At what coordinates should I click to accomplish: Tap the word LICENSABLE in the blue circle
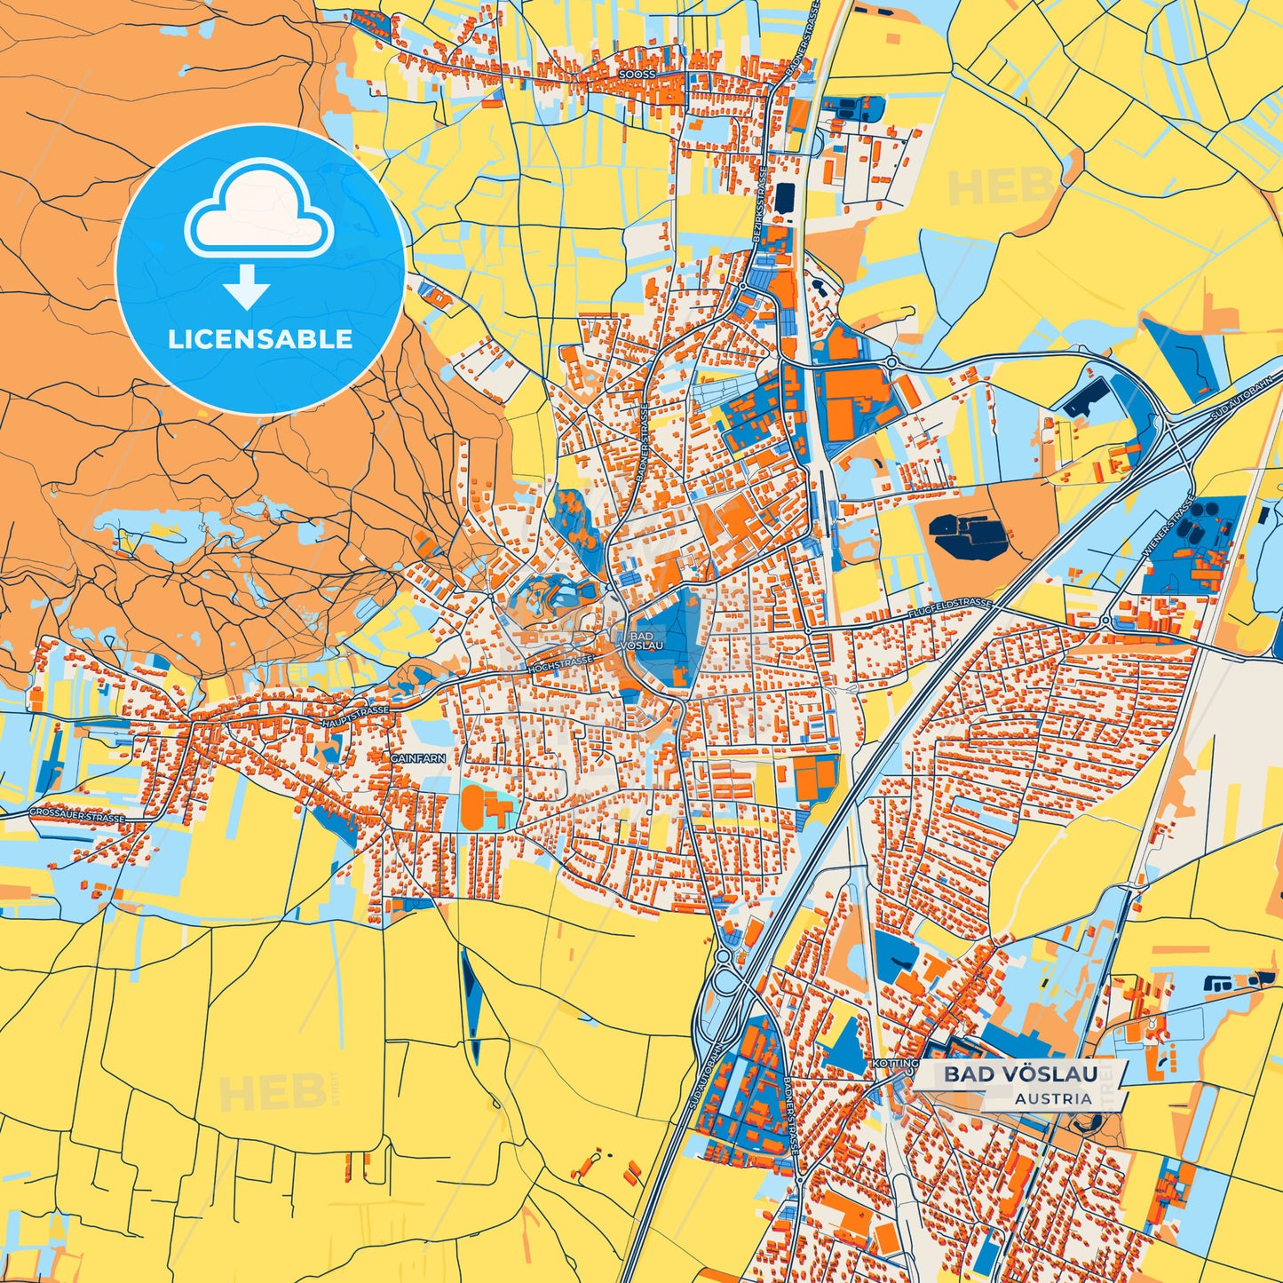[x=260, y=339]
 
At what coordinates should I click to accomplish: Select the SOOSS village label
[x=638, y=75]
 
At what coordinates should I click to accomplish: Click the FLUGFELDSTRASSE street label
[x=949, y=609]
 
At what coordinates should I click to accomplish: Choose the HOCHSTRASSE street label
[x=561, y=663]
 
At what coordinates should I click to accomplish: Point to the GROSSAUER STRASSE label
[x=76, y=814]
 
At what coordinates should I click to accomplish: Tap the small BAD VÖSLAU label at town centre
[x=641, y=641]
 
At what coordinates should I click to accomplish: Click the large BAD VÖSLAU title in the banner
[x=1020, y=1074]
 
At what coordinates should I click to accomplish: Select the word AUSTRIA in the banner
[x=1053, y=1098]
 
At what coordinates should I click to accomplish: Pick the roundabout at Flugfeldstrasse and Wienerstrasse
[x=1105, y=622]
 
